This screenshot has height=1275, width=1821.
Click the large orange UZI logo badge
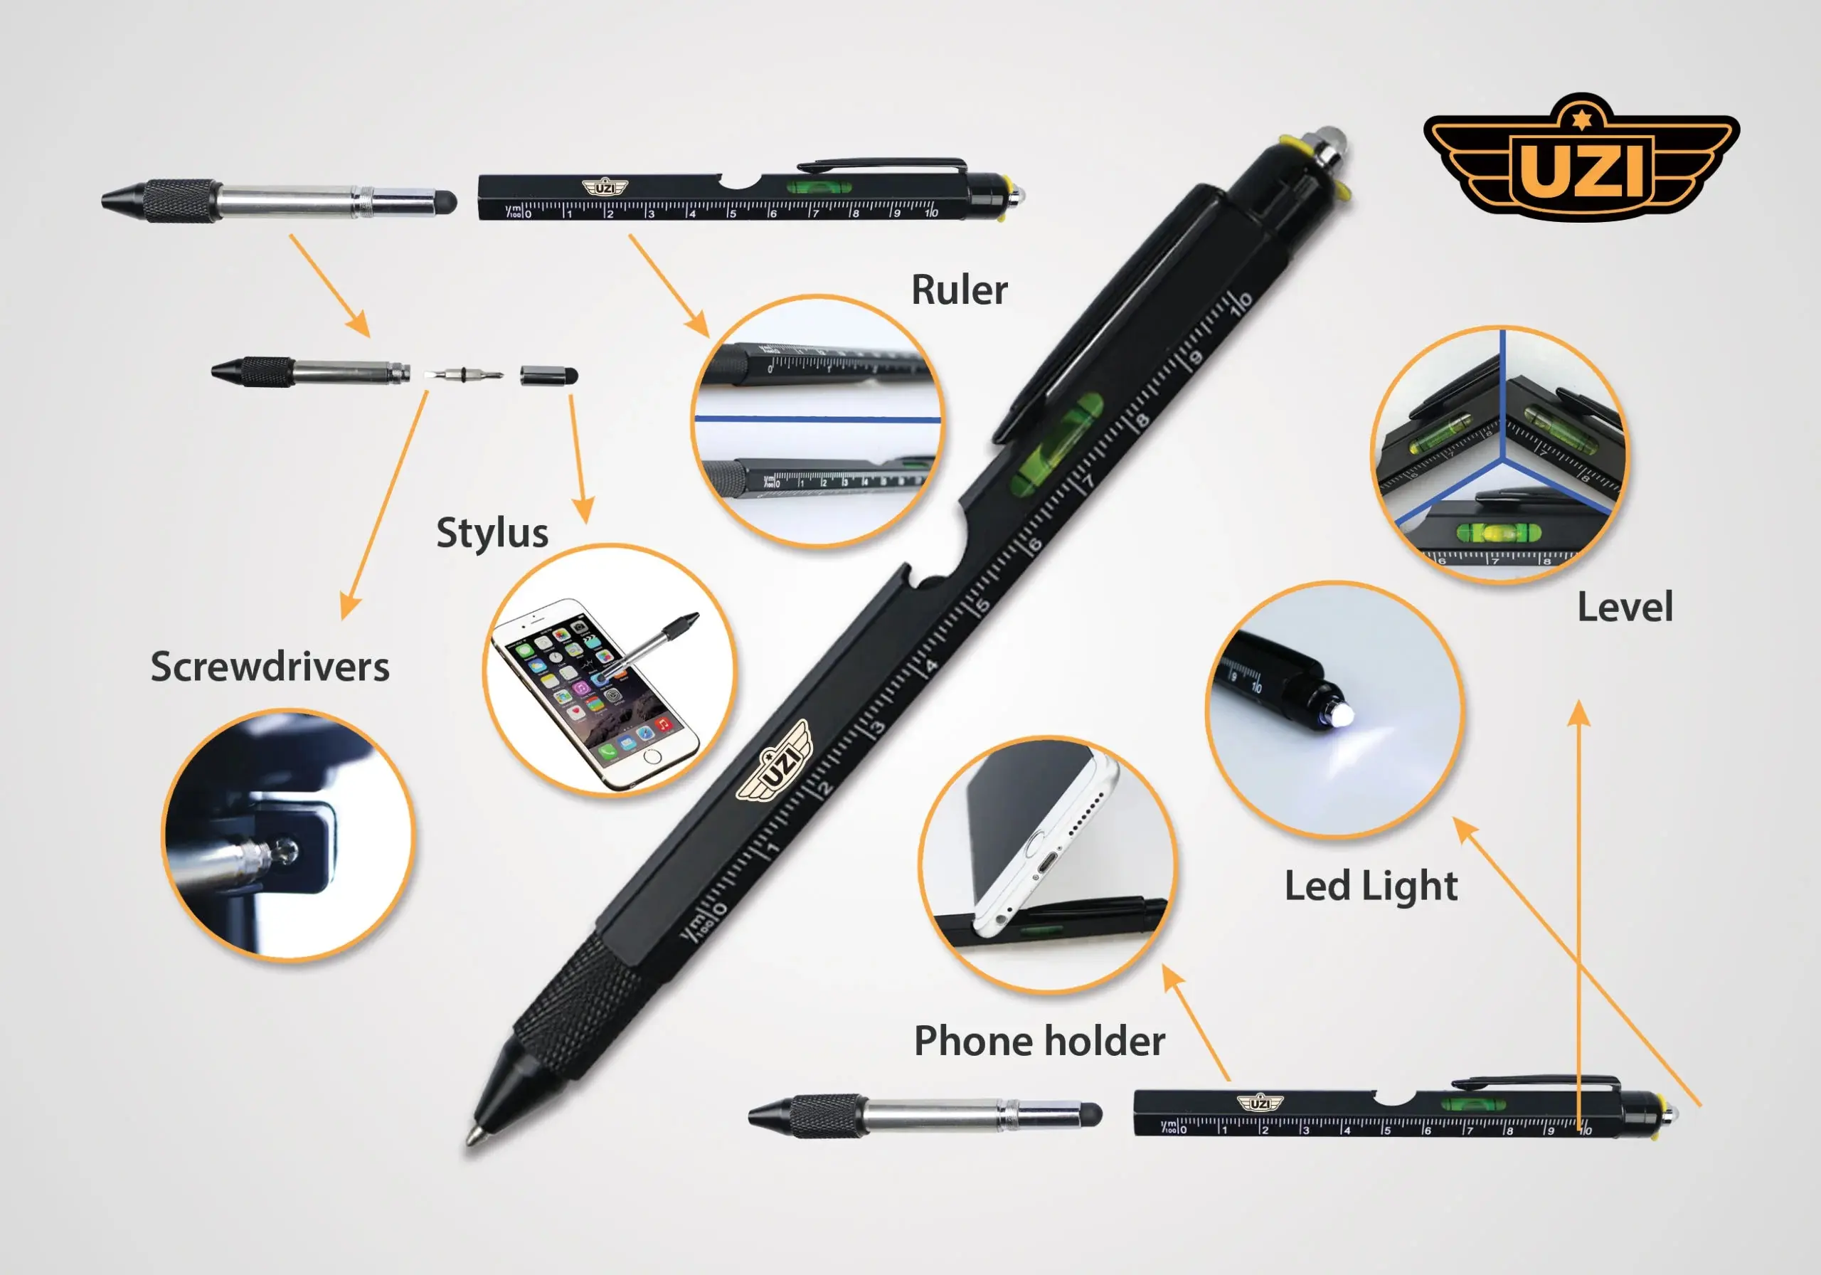1581,158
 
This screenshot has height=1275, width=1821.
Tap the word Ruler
959,290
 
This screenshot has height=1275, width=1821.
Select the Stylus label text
492,533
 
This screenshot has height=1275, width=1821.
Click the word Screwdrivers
270,667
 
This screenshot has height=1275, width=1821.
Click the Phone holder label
1040,1041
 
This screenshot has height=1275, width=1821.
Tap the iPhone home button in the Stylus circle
652,757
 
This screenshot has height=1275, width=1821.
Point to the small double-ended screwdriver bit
464,374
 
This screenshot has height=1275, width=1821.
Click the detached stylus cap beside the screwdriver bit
549,374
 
